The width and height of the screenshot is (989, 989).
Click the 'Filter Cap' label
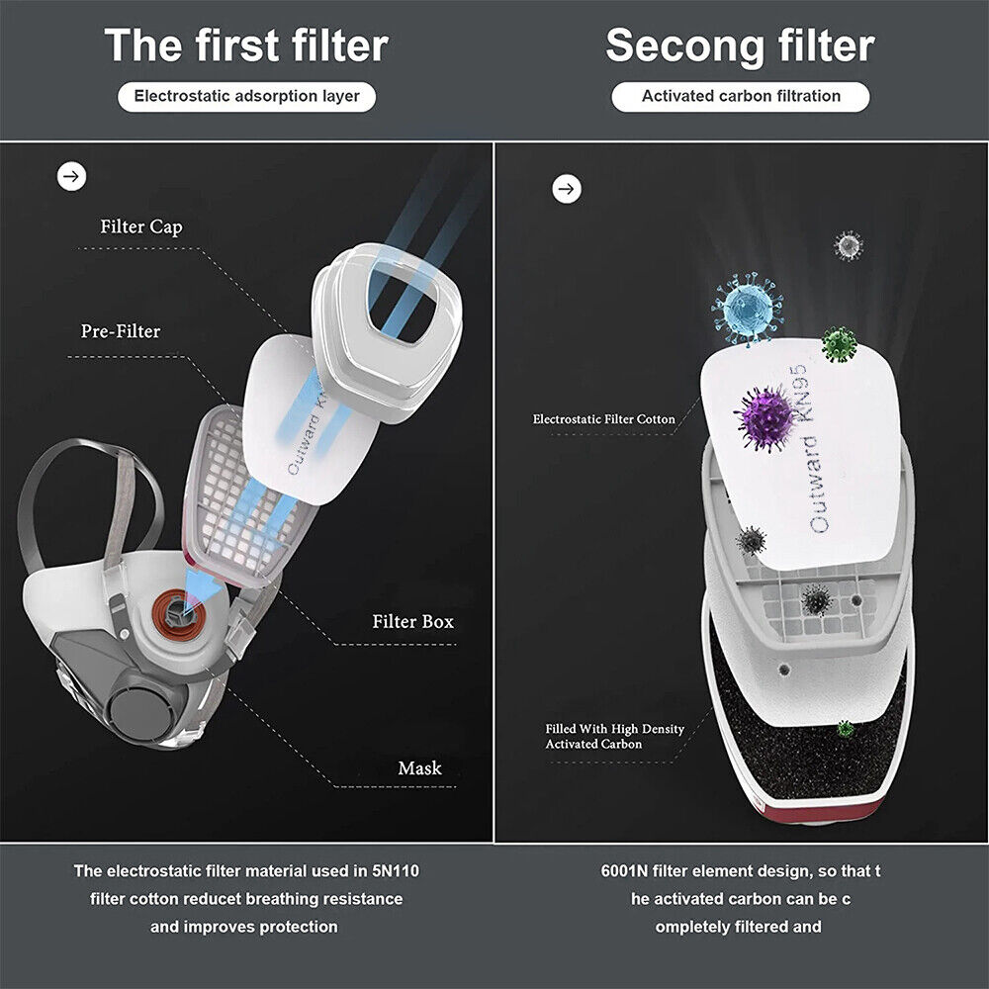click(141, 227)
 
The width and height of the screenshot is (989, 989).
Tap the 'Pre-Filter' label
click(121, 331)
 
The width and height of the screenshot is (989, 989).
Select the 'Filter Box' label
click(413, 622)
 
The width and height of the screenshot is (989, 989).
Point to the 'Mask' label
click(420, 768)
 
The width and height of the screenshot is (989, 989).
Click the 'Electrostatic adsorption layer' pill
click(246, 97)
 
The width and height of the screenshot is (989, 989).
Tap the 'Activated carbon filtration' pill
click(741, 97)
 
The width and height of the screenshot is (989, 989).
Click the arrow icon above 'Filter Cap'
click(72, 177)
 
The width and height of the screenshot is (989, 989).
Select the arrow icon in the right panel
click(567, 189)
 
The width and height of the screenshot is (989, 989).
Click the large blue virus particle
click(748, 309)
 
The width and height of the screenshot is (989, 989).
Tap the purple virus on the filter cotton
click(765, 418)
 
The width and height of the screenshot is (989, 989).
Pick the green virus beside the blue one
click(840, 344)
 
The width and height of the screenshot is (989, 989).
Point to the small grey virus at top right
click(849, 245)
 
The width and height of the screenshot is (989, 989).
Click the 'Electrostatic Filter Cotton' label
click(603, 419)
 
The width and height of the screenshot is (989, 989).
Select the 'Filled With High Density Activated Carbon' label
click(615, 736)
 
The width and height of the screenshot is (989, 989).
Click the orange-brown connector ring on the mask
click(179, 613)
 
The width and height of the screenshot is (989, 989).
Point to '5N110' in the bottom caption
click(396, 871)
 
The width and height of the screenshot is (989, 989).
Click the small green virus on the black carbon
click(846, 729)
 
